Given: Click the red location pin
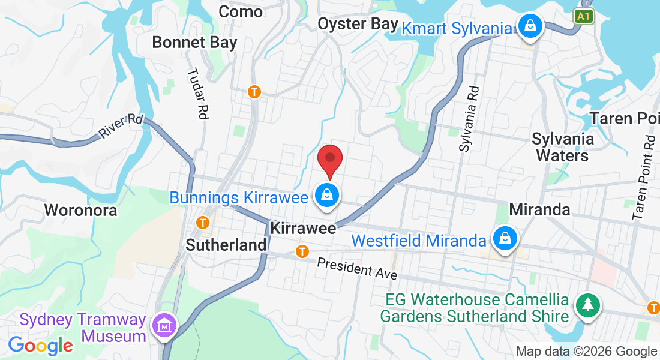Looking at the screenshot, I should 329,159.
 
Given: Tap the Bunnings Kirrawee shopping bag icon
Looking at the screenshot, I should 328,196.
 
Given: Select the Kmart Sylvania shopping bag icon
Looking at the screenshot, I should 530,26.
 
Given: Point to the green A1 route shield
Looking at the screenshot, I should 583,16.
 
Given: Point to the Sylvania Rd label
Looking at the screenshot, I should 470,118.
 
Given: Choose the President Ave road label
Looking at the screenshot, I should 357,268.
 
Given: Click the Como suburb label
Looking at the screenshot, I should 241,11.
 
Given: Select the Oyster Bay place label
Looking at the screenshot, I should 358,24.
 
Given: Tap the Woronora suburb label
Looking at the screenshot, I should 80,210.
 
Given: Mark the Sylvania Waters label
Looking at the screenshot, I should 563,147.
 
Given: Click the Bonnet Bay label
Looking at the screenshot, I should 194,43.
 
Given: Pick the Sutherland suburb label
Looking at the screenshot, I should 226,245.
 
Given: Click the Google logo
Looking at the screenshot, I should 40,345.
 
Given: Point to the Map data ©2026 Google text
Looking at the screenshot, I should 586,352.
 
